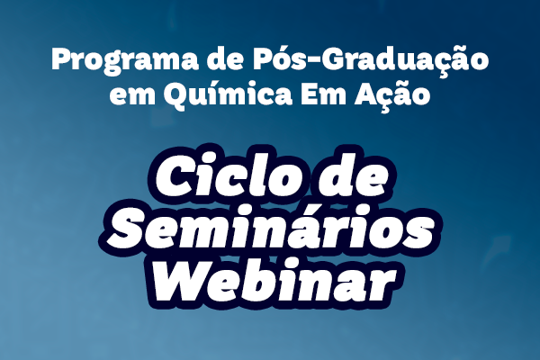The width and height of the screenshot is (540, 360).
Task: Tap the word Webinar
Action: coord(274,280)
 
